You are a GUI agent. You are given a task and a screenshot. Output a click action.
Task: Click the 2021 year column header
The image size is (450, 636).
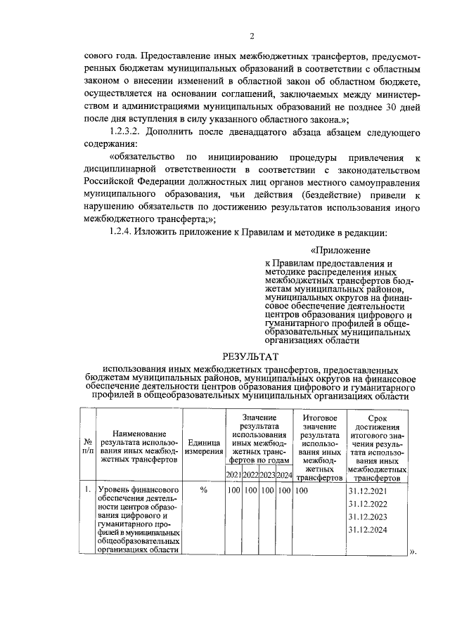[x=233, y=476]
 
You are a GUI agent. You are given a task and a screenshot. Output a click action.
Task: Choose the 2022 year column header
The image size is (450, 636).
[x=250, y=476]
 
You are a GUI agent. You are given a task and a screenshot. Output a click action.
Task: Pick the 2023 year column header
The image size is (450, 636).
[x=267, y=476]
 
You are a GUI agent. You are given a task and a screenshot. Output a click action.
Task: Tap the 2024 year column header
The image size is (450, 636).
[x=284, y=476]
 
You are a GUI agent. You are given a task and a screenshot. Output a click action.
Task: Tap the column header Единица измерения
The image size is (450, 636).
[x=204, y=446]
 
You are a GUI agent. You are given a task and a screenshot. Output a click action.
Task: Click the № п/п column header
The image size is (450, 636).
[x=87, y=446]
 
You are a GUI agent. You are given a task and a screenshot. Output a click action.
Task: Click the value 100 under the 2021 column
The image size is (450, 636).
[x=233, y=490]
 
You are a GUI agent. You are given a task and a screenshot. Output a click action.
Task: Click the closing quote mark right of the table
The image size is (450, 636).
[x=413, y=552]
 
